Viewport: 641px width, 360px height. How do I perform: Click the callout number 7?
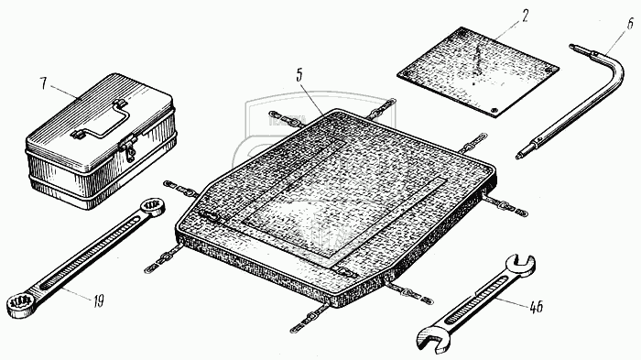(x=43, y=83)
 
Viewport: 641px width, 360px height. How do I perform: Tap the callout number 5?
(x=300, y=77)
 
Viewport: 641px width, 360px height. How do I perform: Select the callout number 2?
(x=525, y=16)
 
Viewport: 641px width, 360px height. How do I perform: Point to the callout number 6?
(x=631, y=24)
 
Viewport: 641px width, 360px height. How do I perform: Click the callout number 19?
(x=98, y=301)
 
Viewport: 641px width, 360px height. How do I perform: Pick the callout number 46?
(x=536, y=307)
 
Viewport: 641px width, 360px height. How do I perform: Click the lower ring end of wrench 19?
(x=19, y=306)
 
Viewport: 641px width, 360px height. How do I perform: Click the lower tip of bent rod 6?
(x=519, y=156)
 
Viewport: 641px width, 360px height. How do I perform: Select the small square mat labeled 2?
(x=478, y=72)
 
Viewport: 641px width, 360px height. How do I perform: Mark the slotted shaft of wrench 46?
(x=477, y=300)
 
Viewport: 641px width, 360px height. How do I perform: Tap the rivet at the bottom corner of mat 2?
(x=494, y=111)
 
